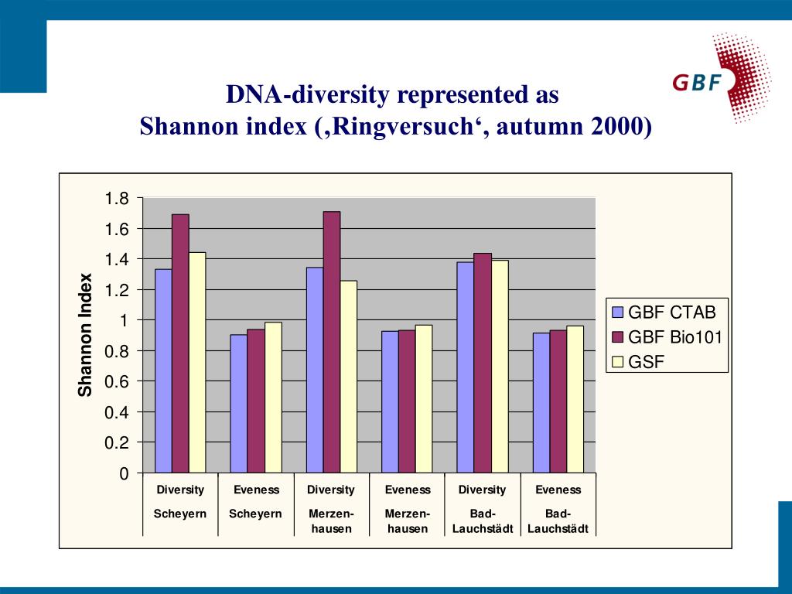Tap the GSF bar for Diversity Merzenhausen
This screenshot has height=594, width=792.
coord(348,376)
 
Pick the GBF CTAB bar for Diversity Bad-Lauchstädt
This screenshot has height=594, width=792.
coord(465,367)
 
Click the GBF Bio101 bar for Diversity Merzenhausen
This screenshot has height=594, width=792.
coord(331,341)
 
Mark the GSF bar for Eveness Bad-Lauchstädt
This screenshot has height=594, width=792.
coord(575,398)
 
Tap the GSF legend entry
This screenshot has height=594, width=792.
coord(646,361)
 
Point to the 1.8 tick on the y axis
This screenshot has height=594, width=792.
coord(118,199)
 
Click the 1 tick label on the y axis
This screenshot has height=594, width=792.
coord(122,320)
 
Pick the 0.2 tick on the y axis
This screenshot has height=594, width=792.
coord(118,442)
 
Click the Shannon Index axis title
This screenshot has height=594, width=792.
coord(85,335)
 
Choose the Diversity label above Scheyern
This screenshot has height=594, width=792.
coord(180,490)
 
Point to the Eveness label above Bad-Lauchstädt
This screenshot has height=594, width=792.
coord(558,490)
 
